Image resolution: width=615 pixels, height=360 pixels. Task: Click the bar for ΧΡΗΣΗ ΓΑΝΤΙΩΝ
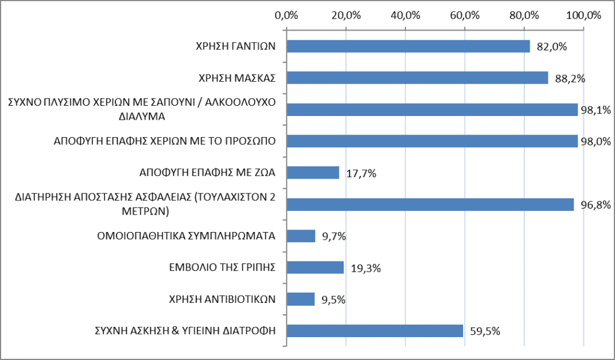click(x=408, y=46)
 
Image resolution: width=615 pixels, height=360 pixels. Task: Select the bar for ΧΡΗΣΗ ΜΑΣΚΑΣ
click(x=417, y=78)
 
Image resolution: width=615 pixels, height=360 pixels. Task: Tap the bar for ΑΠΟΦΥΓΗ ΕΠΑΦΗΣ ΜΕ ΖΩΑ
click(x=313, y=172)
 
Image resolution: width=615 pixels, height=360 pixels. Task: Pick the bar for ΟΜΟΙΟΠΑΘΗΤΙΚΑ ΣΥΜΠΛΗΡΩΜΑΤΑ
click(x=301, y=236)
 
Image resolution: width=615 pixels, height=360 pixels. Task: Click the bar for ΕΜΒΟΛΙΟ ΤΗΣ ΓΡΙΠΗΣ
click(x=315, y=267)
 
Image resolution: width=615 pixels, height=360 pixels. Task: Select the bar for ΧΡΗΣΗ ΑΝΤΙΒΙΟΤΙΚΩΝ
click(x=301, y=299)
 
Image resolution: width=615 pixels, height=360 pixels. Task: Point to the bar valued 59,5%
click(x=375, y=331)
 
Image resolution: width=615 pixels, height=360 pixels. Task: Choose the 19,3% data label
click(x=366, y=268)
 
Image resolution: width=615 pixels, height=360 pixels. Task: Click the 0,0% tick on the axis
click(x=286, y=15)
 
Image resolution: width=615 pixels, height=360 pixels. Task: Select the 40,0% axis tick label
click(x=405, y=15)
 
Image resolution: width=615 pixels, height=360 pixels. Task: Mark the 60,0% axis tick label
click(x=465, y=15)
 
